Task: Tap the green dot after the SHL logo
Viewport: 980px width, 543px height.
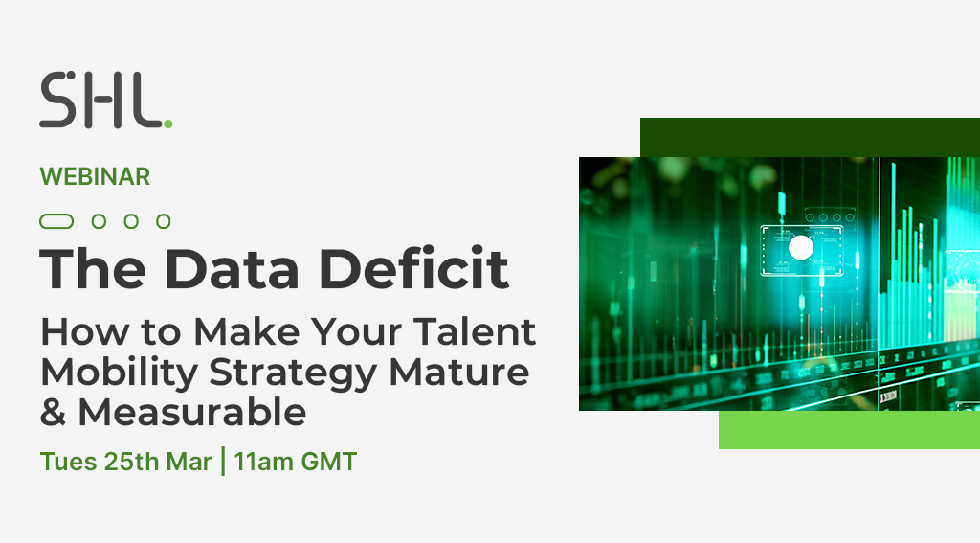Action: pyautogui.click(x=168, y=123)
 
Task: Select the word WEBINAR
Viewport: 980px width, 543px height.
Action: pyautogui.click(x=95, y=177)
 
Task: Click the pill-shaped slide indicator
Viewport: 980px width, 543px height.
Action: pyautogui.click(x=56, y=221)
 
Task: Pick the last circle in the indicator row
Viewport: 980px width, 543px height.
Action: pyautogui.click(x=164, y=221)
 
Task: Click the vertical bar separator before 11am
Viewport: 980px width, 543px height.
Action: pyautogui.click(x=224, y=462)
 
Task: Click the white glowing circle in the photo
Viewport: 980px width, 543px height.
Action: pyautogui.click(x=800, y=249)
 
